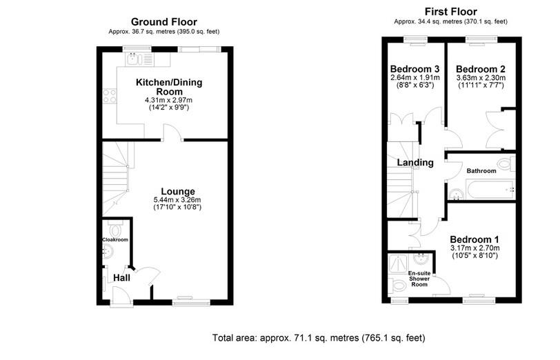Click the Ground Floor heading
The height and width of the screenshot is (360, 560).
click(163, 22)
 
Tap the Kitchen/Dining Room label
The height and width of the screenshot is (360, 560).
click(163, 86)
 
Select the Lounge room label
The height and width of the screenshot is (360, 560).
click(178, 191)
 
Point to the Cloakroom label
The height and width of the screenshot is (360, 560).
click(115, 239)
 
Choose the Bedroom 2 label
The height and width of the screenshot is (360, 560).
click(480, 69)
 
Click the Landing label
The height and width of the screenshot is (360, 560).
click(415, 163)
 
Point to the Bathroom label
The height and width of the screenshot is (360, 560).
click(481, 170)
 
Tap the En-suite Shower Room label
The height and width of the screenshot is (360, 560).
click(419, 279)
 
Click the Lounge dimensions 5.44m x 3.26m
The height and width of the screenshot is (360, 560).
click(178, 200)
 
